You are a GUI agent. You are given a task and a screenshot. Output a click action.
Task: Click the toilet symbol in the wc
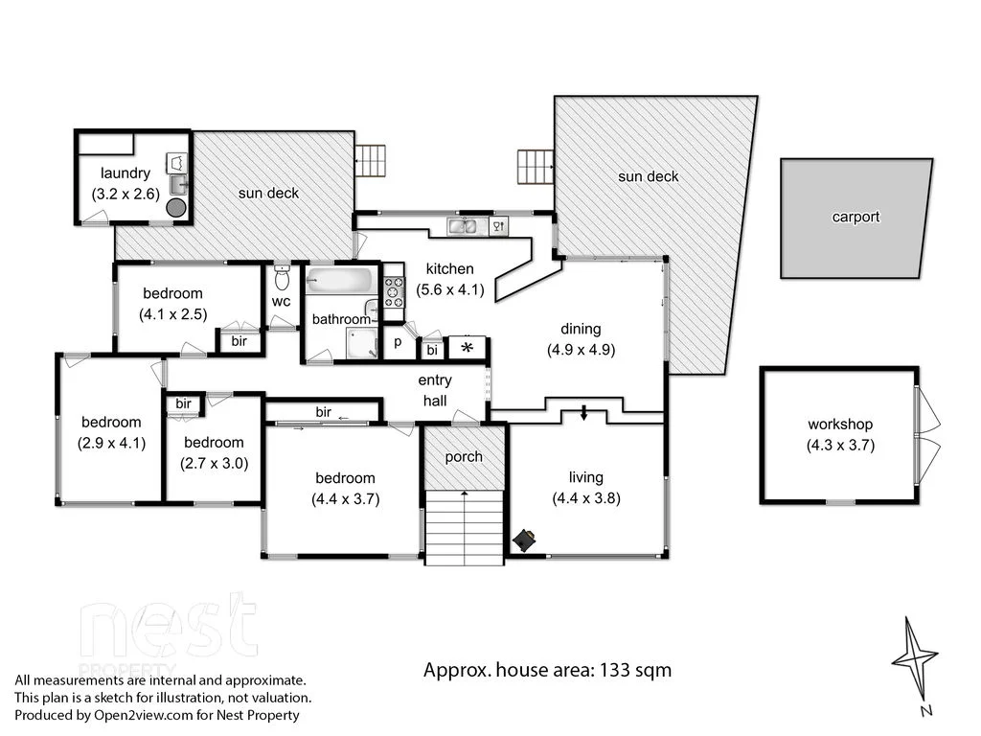coord(282,279)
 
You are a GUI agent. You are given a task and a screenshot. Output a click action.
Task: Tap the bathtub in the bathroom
coord(340,282)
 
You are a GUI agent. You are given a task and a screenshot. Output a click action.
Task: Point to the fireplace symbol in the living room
coord(525,541)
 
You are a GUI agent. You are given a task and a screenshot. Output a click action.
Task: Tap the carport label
coord(855,217)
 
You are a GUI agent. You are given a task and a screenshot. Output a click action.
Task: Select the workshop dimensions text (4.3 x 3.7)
coord(840,445)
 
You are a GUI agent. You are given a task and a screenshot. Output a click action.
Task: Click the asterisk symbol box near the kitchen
coord(468,347)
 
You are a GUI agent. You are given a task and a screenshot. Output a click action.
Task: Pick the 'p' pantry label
coord(398,342)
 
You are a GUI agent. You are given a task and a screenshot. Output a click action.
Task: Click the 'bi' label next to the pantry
coord(432,350)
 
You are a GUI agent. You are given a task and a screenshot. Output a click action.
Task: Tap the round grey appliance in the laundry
coord(176,207)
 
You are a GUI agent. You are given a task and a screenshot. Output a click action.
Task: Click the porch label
coord(464,456)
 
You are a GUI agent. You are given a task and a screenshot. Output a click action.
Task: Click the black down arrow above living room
coord(583,414)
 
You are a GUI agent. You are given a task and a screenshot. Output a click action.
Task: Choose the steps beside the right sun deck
coord(536,167)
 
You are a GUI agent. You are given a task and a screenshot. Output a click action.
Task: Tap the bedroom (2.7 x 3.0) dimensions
coord(214,463)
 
